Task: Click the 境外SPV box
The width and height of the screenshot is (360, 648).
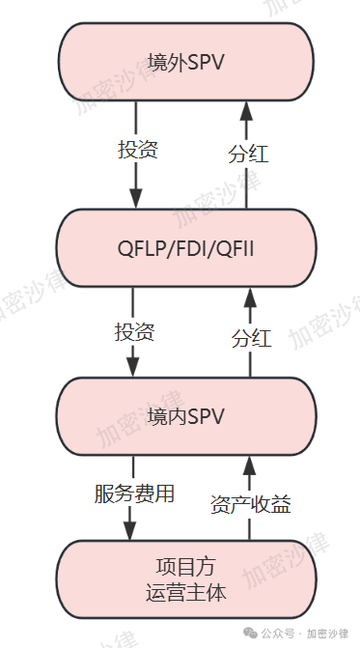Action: (x=187, y=63)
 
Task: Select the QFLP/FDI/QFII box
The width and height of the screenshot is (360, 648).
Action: (x=187, y=250)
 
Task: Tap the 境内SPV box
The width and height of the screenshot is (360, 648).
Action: (x=187, y=416)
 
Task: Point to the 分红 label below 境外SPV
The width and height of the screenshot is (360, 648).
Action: (x=248, y=155)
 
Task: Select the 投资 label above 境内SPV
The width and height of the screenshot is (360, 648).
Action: (x=134, y=332)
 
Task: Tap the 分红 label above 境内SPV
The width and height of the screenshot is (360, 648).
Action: (x=251, y=338)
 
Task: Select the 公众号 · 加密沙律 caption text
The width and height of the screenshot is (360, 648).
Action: (x=310, y=634)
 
